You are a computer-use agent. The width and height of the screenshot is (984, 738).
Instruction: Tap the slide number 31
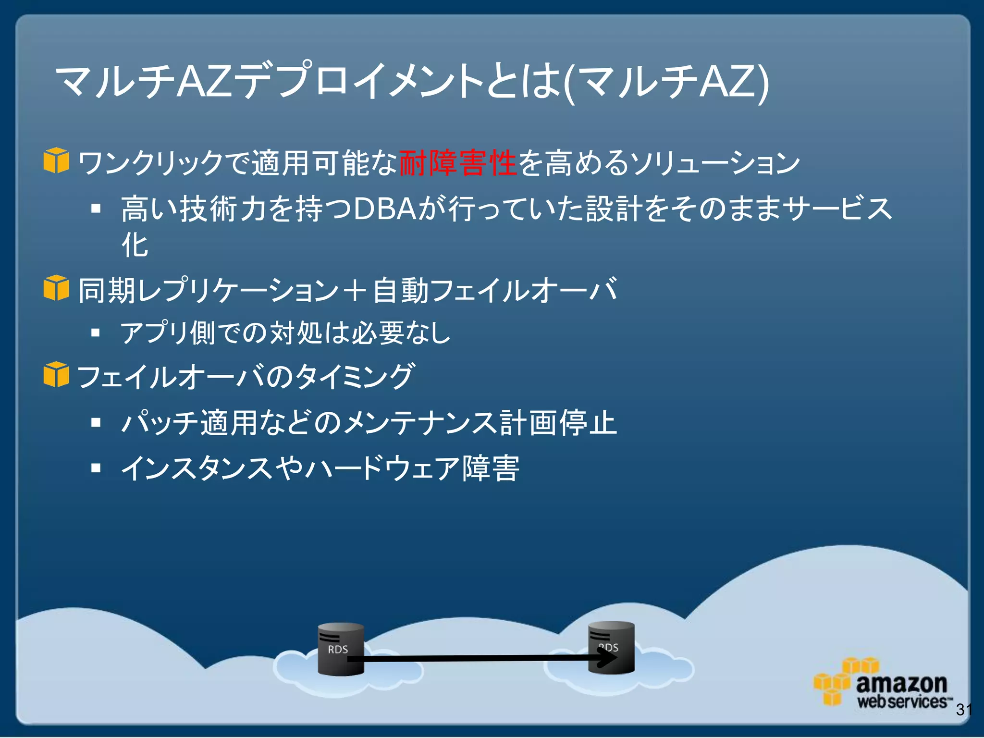tap(964, 709)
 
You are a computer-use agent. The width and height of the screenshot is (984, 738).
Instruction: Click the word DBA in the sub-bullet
tap(384, 209)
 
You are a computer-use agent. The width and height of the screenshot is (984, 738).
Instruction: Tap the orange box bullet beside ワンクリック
tap(56, 160)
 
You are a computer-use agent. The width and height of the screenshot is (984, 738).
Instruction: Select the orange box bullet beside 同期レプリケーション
tap(56, 288)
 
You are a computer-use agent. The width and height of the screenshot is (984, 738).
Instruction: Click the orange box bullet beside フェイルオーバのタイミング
tap(56, 374)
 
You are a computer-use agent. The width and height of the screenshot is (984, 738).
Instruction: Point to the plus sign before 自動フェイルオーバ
tap(355, 290)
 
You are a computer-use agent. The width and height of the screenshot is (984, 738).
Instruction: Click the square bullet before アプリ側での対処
tap(96, 332)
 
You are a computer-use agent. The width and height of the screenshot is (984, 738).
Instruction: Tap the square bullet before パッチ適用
tap(96, 422)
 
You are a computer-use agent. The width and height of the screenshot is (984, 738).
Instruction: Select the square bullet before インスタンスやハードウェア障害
tap(96, 467)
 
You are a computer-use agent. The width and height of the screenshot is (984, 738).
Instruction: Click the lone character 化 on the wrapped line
tap(135, 245)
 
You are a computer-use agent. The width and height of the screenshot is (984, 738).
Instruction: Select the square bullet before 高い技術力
tap(96, 209)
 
